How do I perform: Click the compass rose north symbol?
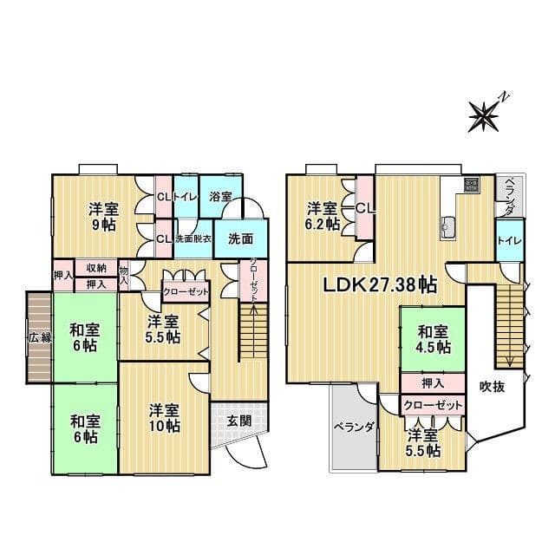pos(484,116)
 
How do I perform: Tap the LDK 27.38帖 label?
pos(381,284)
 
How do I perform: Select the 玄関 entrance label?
pos(239,421)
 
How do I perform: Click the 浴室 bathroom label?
pos(220,197)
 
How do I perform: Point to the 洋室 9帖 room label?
pos(104,217)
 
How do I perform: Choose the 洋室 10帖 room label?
pos(164,418)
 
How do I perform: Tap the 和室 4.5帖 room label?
pos(434,340)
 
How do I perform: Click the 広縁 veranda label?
pos(40,337)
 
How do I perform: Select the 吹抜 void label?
pos(492,387)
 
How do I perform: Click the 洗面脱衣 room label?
pos(193,238)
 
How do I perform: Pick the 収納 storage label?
pos(96,268)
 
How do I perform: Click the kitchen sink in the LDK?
pos(448,225)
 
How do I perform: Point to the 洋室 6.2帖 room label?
pos(323,216)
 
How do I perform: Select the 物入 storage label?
pos(123,276)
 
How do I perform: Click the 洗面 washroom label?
pos(240,239)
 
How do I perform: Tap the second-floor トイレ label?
pos(510,241)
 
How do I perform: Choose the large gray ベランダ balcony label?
pos(354,427)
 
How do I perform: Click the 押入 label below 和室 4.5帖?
pos(433,383)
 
